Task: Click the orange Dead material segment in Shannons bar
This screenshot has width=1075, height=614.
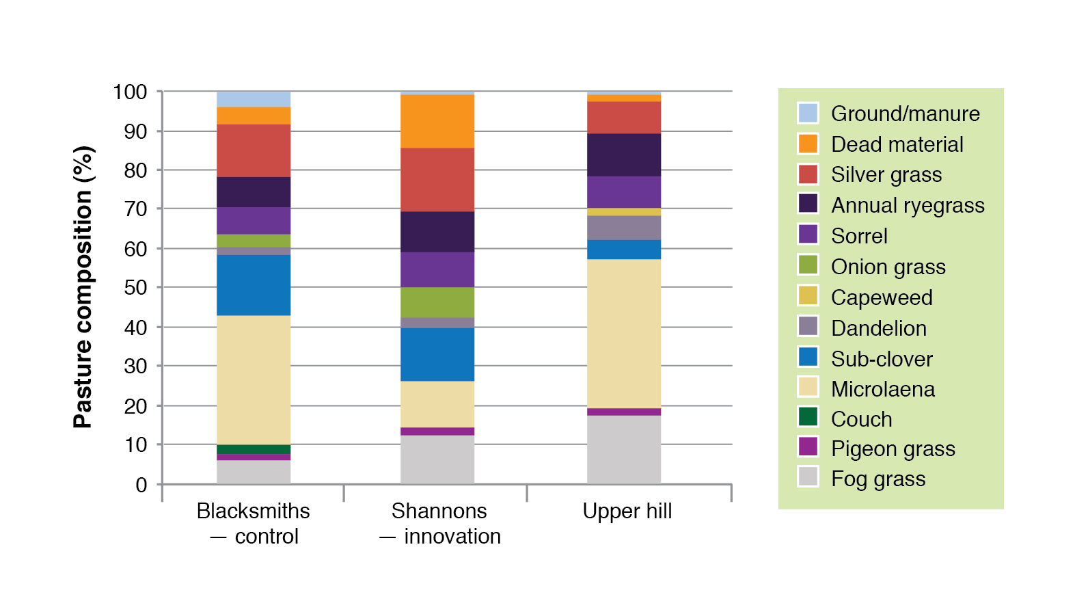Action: (x=437, y=121)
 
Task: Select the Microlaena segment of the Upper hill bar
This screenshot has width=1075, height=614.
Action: (x=624, y=334)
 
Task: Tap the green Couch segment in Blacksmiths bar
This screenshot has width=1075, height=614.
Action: (x=254, y=449)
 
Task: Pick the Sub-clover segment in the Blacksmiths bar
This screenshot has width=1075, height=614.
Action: (x=254, y=285)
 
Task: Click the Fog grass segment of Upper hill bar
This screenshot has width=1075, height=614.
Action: (x=624, y=449)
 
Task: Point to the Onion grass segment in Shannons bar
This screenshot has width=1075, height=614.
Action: (x=437, y=302)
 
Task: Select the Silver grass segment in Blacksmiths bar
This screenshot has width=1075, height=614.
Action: (x=254, y=150)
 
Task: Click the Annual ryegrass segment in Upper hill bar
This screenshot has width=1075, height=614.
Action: (x=624, y=155)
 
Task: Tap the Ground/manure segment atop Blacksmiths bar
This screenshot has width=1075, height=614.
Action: (x=254, y=99)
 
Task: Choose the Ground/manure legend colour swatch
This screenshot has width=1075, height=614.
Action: (x=808, y=113)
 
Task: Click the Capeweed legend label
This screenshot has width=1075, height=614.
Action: (x=882, y=297)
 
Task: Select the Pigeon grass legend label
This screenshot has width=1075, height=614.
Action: (x=893, y=449)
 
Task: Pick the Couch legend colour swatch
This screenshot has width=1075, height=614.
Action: (x=808, y=416)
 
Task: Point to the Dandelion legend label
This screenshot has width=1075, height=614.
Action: (x=879, y=328)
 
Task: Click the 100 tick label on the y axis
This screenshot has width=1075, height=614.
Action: (x=130, y=92)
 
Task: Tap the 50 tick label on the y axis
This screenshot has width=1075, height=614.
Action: (x=135, y=287)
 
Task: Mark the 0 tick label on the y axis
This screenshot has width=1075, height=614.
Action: (x=141, y=485)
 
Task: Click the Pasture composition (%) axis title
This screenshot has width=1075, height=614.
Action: (x=83, y=287)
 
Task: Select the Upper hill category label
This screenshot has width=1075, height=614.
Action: (x=627, y=511)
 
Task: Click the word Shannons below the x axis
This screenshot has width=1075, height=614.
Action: (x=439, y=511)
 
